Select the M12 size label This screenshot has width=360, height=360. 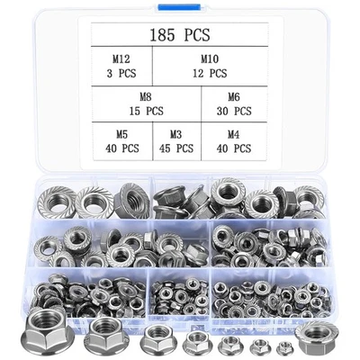pyautogui.click(x=118, y=58)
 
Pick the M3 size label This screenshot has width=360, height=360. pyautogui.click(x=175, y=133)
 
